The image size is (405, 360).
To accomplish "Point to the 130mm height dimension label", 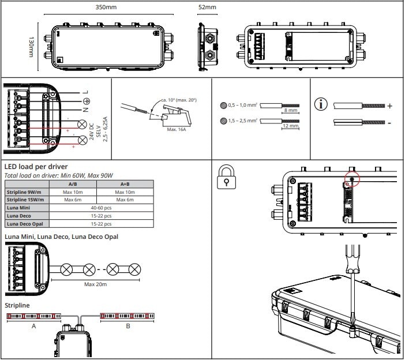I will [31, 47].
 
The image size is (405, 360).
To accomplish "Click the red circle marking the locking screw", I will [351, 178].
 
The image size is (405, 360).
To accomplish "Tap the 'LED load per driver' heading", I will [36, 167].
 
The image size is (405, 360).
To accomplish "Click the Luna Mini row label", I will [19, 207].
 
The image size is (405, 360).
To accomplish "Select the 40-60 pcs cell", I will [102, 207].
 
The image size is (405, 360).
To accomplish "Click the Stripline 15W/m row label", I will [27, 200].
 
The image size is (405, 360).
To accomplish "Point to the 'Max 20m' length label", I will [96, 284].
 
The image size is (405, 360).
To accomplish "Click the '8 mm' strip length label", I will [291, 110].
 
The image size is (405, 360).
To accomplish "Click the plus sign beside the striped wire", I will [390, 106].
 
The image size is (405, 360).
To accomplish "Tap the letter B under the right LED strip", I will [128, 326].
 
